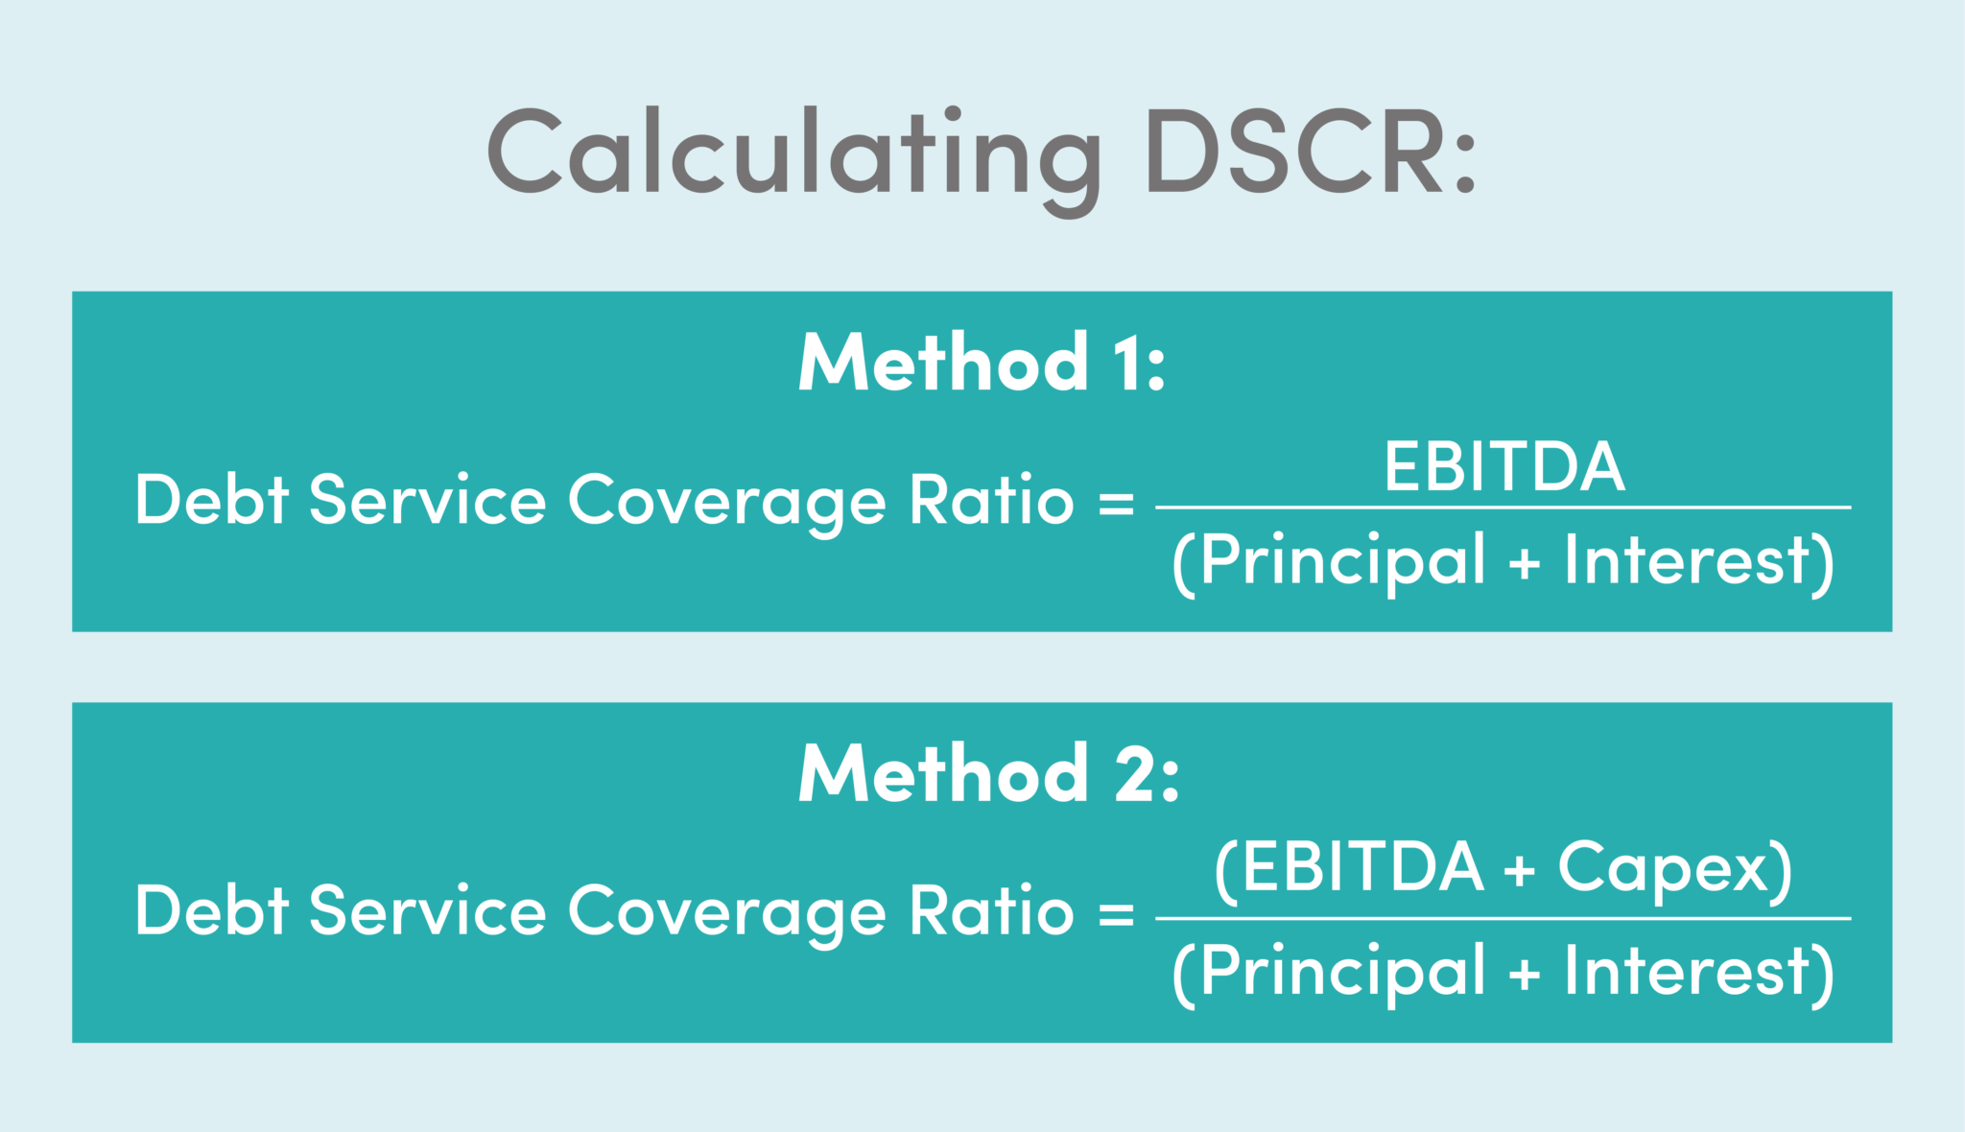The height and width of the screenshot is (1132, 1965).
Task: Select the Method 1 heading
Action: point(982,363)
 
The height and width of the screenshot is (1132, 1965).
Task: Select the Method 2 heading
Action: point(988,773)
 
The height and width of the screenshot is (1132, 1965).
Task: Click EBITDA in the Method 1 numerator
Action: point(1503,467)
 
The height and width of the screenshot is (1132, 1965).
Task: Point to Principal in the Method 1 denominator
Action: point(1342,560)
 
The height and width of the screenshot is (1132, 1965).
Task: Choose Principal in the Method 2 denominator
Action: point(1342,971)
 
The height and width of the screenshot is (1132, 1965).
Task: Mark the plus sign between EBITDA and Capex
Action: point(1520,871)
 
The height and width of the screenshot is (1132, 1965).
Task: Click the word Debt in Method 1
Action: point(212,500)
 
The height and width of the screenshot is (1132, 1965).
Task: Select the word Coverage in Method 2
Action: point(726,911)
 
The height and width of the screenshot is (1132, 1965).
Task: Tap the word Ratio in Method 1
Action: point(991,500)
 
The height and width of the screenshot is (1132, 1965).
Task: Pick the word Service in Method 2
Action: point(427,910)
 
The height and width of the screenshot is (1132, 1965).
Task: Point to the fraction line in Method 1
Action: point(1503,507)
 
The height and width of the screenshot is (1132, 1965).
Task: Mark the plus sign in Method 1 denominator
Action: point(1525,564)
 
